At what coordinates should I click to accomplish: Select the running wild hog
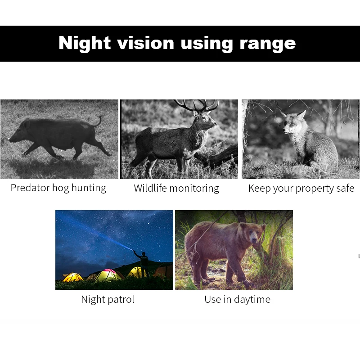(56, 135)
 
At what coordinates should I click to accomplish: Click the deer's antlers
(196, 106)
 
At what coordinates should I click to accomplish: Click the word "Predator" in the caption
(29, 188)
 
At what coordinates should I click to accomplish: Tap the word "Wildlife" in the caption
(153, 188)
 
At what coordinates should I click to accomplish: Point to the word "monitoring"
(197, 189)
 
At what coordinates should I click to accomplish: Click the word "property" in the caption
(311, 189)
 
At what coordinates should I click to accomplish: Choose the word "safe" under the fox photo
(344, 188)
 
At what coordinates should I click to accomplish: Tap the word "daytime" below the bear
(252, 300)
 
